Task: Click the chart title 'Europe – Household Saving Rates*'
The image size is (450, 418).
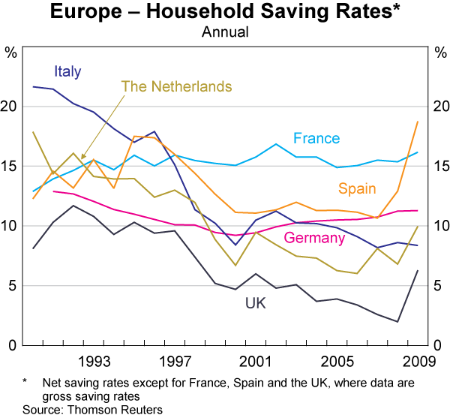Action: click(224, 13)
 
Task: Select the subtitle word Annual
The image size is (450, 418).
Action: click(225, 32)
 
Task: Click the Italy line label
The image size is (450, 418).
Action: click(67, 72)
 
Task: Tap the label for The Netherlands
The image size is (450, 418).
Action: click(176, 87)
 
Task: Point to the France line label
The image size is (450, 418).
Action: click(316, 138)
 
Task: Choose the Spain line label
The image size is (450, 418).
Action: click(358, 188)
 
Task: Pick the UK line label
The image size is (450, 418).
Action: click(255, 303)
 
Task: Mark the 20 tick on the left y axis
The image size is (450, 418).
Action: click(11, 107)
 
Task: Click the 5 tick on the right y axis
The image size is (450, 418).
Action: click(439, 286)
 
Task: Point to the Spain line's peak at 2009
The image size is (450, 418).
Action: click(418, 122)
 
